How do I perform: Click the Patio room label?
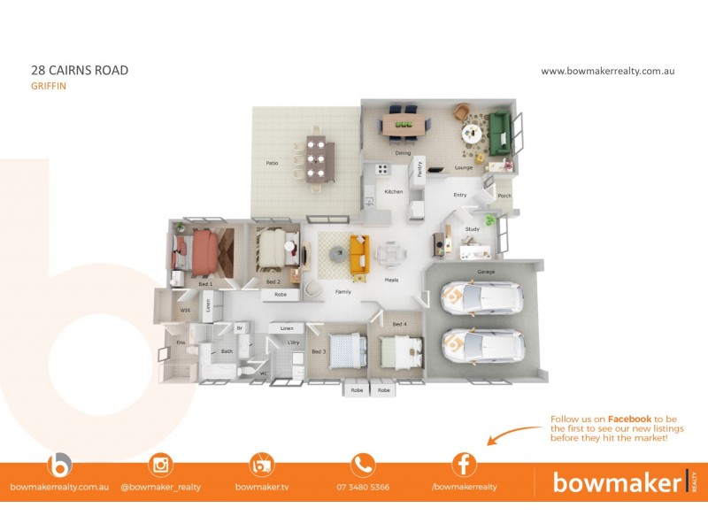click(273, 164)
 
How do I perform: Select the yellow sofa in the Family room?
click(358, 254)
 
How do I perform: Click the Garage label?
click(486, 272)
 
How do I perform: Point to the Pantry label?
click(419, 170)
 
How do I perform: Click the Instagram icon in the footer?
click(161, 465)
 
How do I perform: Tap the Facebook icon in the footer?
click(464, 465)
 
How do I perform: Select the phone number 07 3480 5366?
click(363, 488)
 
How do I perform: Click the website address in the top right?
click(607, 71)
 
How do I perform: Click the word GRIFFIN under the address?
click(49, 87)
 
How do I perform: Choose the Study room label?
click(473, 229)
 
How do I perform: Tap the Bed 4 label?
click(399, 324)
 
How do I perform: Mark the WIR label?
click(186, 311)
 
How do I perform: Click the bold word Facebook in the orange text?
click(629, 419)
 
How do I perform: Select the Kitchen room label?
click(393, 192)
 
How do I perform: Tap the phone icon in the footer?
click(363, 465)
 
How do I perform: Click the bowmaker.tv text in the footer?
click(262, 488)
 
